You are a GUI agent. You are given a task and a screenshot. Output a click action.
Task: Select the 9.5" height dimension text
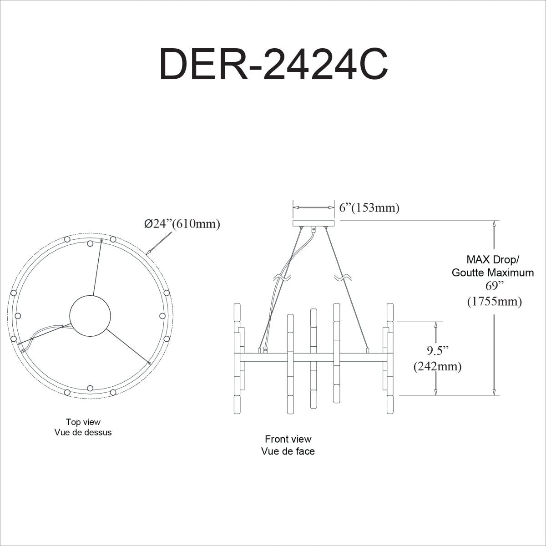click(x=438, y=350)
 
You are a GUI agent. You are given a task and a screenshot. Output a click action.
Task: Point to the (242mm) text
click(x=437, y=366)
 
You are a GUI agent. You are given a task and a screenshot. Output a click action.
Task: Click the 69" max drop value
click(x=494, y=286)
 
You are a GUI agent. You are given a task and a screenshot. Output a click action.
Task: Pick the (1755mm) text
click(x=494, y=301)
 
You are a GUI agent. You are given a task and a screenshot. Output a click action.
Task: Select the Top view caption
click(x=83, y=422)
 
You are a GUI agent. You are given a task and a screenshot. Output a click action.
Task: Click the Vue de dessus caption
click(x=83, y=432)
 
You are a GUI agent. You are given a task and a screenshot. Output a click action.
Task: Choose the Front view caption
click(x=288, y=439)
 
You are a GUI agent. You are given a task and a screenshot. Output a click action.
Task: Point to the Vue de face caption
click(x=288, y=451)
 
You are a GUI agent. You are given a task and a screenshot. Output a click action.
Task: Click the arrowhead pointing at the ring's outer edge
click(x=148, y=251)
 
